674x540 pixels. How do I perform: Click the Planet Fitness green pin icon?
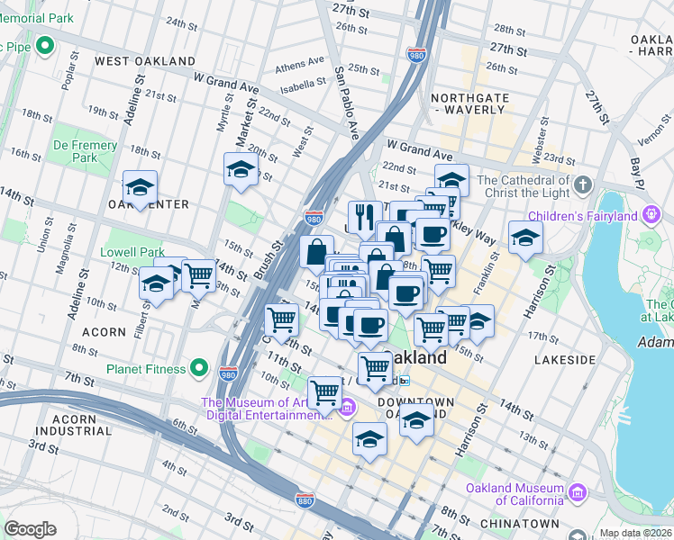tap(200, 369)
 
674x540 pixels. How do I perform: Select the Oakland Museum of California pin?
tap(578, 493)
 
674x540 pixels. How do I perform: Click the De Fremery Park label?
tap(85, 151)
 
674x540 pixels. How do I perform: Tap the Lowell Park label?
tap(133, 252)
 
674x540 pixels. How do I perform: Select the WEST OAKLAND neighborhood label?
tap(145, 61)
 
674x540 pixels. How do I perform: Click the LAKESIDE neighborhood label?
tap(564, 359)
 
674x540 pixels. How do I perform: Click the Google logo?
tap(30, 528)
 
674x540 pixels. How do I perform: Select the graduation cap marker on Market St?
tap(241, 168)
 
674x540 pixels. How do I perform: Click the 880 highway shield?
tap(305, 498)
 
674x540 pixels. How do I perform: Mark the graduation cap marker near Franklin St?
tap(525, 237)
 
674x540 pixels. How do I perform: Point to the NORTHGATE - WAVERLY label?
tap(468, 103)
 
